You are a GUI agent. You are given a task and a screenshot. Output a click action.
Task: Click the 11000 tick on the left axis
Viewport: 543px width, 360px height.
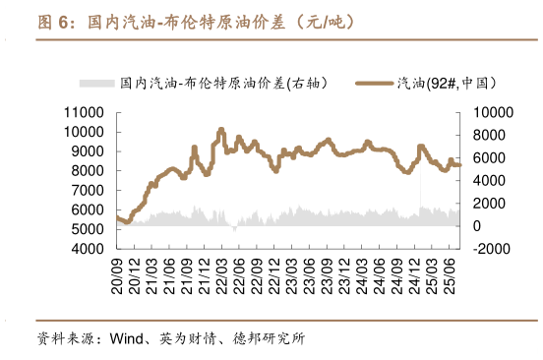87,111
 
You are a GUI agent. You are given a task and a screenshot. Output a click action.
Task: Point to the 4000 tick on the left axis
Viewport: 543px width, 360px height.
90,250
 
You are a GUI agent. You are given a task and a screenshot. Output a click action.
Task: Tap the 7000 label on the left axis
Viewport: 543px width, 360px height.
90,190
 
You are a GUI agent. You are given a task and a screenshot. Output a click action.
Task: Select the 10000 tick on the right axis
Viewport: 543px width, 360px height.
492,111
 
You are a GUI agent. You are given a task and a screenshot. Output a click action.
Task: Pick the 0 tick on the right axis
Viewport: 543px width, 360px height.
476,226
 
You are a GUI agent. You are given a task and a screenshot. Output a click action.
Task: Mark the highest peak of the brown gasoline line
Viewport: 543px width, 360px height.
221,129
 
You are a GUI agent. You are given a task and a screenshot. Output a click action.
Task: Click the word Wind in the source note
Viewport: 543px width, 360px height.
126,340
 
